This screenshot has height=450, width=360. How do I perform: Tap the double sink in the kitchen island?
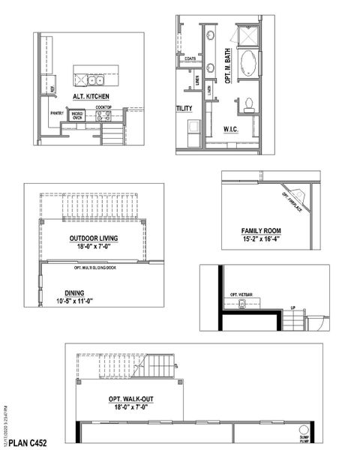(x=94, y=80)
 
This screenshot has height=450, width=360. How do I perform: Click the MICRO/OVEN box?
(x=76, y=115)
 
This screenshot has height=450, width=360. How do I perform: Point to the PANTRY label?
(x=57, y=113)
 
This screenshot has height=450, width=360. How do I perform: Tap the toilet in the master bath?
(x=248, y=103)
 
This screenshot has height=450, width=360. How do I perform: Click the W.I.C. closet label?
(x=231, y=129)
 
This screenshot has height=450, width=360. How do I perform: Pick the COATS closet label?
(x=189, y=58)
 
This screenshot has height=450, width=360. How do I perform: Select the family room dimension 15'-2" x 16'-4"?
(x=260, y=239)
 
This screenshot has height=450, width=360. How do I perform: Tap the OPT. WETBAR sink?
(x=241, y=304)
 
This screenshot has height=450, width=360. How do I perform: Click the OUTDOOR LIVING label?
(x=94, y=238)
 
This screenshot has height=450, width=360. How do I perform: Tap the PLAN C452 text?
(x=27, y=443)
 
